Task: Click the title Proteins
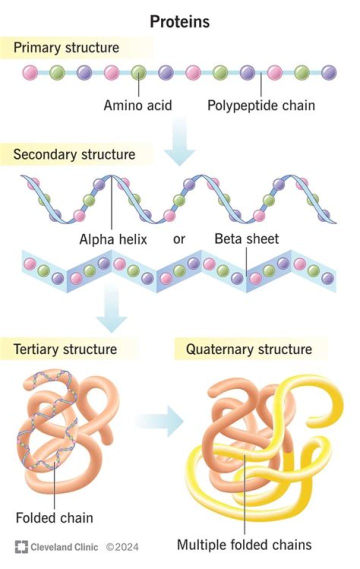click(x=180, y=21)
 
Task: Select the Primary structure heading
click(x=66, y=48)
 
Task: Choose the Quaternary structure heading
click(x=248, y=348)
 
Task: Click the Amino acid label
click(x=137, y=105)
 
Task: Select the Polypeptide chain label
click(x=261, y=105)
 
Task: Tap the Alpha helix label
click(x=113, y=239)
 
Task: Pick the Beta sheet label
click(x=246, y=239)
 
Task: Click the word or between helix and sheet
click(x=179, y=239)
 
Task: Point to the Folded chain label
click(x=54, y=517)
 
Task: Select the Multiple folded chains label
click(x=244, y=544)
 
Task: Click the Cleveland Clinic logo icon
click(x=21, y=547)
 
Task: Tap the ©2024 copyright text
click(x=122, y=547)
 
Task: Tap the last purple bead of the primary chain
click(x=328, y=72)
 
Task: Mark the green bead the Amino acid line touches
click(x=138, y=72)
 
